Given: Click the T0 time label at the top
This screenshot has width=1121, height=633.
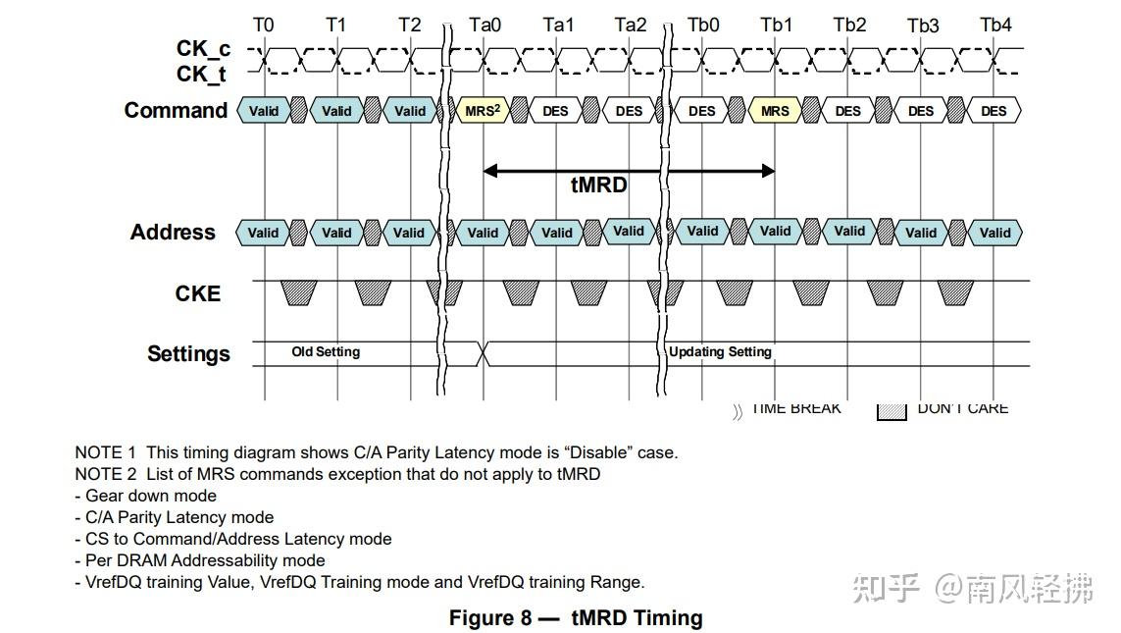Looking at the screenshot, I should coord(264,25).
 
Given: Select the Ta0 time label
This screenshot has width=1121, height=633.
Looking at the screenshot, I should coord(484,25).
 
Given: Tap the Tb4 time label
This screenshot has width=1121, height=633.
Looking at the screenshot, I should coord(995,25).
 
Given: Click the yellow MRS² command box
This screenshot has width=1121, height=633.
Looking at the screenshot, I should coord(483,111).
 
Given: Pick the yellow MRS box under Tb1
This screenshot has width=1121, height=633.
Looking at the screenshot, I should coord(775,111).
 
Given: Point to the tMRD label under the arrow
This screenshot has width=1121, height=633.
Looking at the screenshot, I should coord(598,185).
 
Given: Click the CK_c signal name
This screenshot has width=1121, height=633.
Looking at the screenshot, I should coord(203,48).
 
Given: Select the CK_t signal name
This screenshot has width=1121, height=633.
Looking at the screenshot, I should coord(203,74).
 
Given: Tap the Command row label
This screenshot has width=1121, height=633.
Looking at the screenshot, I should coord(176,110).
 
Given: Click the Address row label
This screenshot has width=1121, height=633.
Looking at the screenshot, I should coord(173,233).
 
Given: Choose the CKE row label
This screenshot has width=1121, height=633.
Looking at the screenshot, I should coord(198,293).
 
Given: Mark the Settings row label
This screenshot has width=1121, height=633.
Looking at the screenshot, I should coord(188,353).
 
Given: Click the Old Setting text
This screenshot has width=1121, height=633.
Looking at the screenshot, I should coord(326,351).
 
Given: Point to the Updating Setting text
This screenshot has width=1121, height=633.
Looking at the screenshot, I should coord(720,351).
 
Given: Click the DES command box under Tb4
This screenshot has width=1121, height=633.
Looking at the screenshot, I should coord(994,111).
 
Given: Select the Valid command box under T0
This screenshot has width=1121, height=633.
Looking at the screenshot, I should coord(264,111).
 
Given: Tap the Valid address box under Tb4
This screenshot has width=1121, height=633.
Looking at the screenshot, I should coord(994,233).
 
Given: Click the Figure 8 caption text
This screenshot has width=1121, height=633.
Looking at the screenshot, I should coord(576,618).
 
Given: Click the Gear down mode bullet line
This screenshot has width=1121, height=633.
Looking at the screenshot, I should coord(150,496).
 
